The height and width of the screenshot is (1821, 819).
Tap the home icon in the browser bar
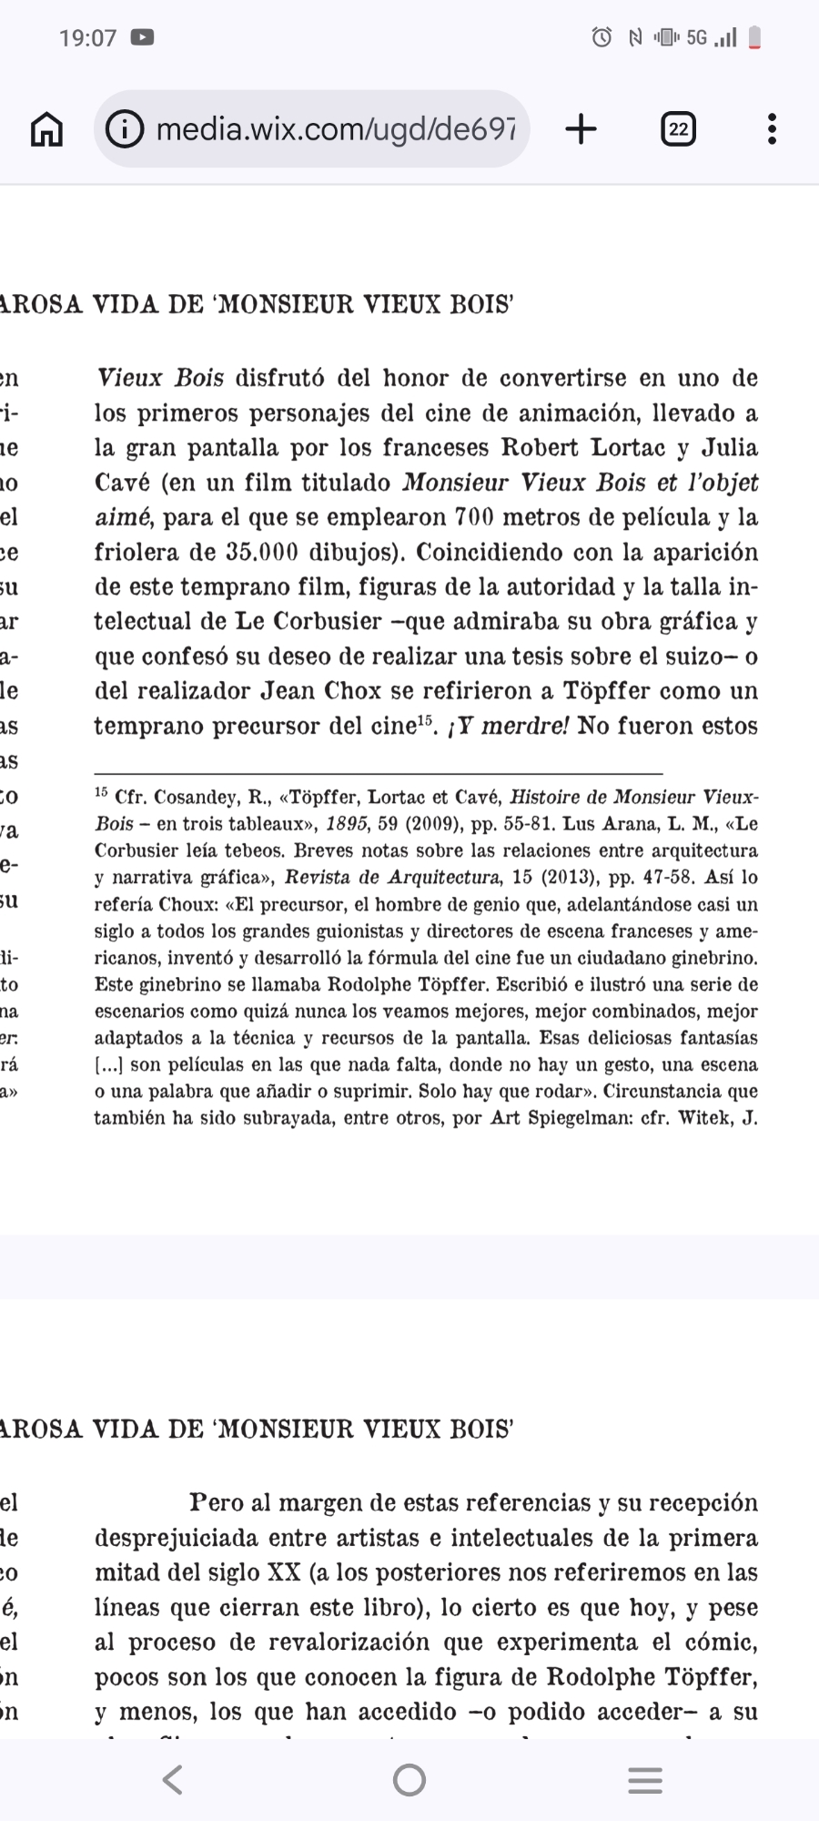point(47,129)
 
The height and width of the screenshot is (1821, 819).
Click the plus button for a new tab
point(581,129)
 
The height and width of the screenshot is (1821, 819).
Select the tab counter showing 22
point(678,129)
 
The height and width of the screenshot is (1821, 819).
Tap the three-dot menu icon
point(772,129)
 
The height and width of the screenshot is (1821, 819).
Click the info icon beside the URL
point(125,129)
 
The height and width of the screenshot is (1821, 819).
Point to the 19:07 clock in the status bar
point(87,37)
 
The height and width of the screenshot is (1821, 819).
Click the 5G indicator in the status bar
point(696,37)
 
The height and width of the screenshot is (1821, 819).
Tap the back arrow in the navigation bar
point(172,1779)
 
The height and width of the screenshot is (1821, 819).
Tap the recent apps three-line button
point(645,1779)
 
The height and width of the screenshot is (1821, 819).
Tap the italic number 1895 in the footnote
point(347,824)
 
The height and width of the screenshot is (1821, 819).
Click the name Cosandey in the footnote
point(192,798)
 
